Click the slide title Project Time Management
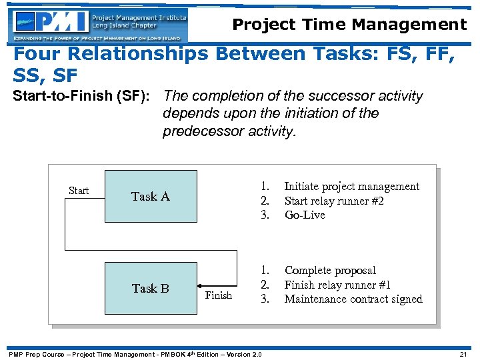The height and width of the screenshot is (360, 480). tap(349, 25)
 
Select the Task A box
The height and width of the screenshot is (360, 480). tap(151, 196)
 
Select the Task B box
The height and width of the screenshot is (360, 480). tap(151, 288)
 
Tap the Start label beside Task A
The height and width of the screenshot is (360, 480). tap(79, 191)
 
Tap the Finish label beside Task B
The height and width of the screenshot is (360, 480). tap(218, 295)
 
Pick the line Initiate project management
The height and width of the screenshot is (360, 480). tap(351, 187)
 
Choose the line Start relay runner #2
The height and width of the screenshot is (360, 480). tap(333, 201)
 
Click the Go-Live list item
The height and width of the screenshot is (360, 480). tap(305, 215)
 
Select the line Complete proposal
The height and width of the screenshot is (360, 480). tap(330, 271)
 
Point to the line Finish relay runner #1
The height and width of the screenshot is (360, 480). tap(337, 285)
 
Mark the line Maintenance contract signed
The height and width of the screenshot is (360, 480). tap(353, 299)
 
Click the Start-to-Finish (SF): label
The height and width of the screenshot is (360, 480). tap(84, 97)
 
